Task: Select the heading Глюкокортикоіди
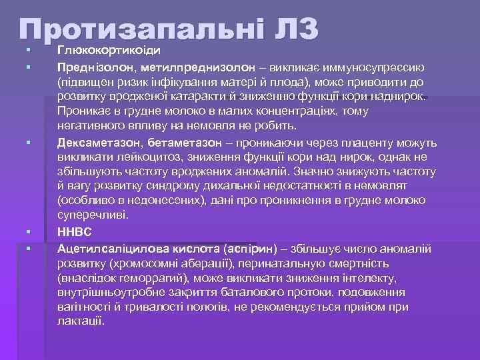(x=110, y=50)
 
